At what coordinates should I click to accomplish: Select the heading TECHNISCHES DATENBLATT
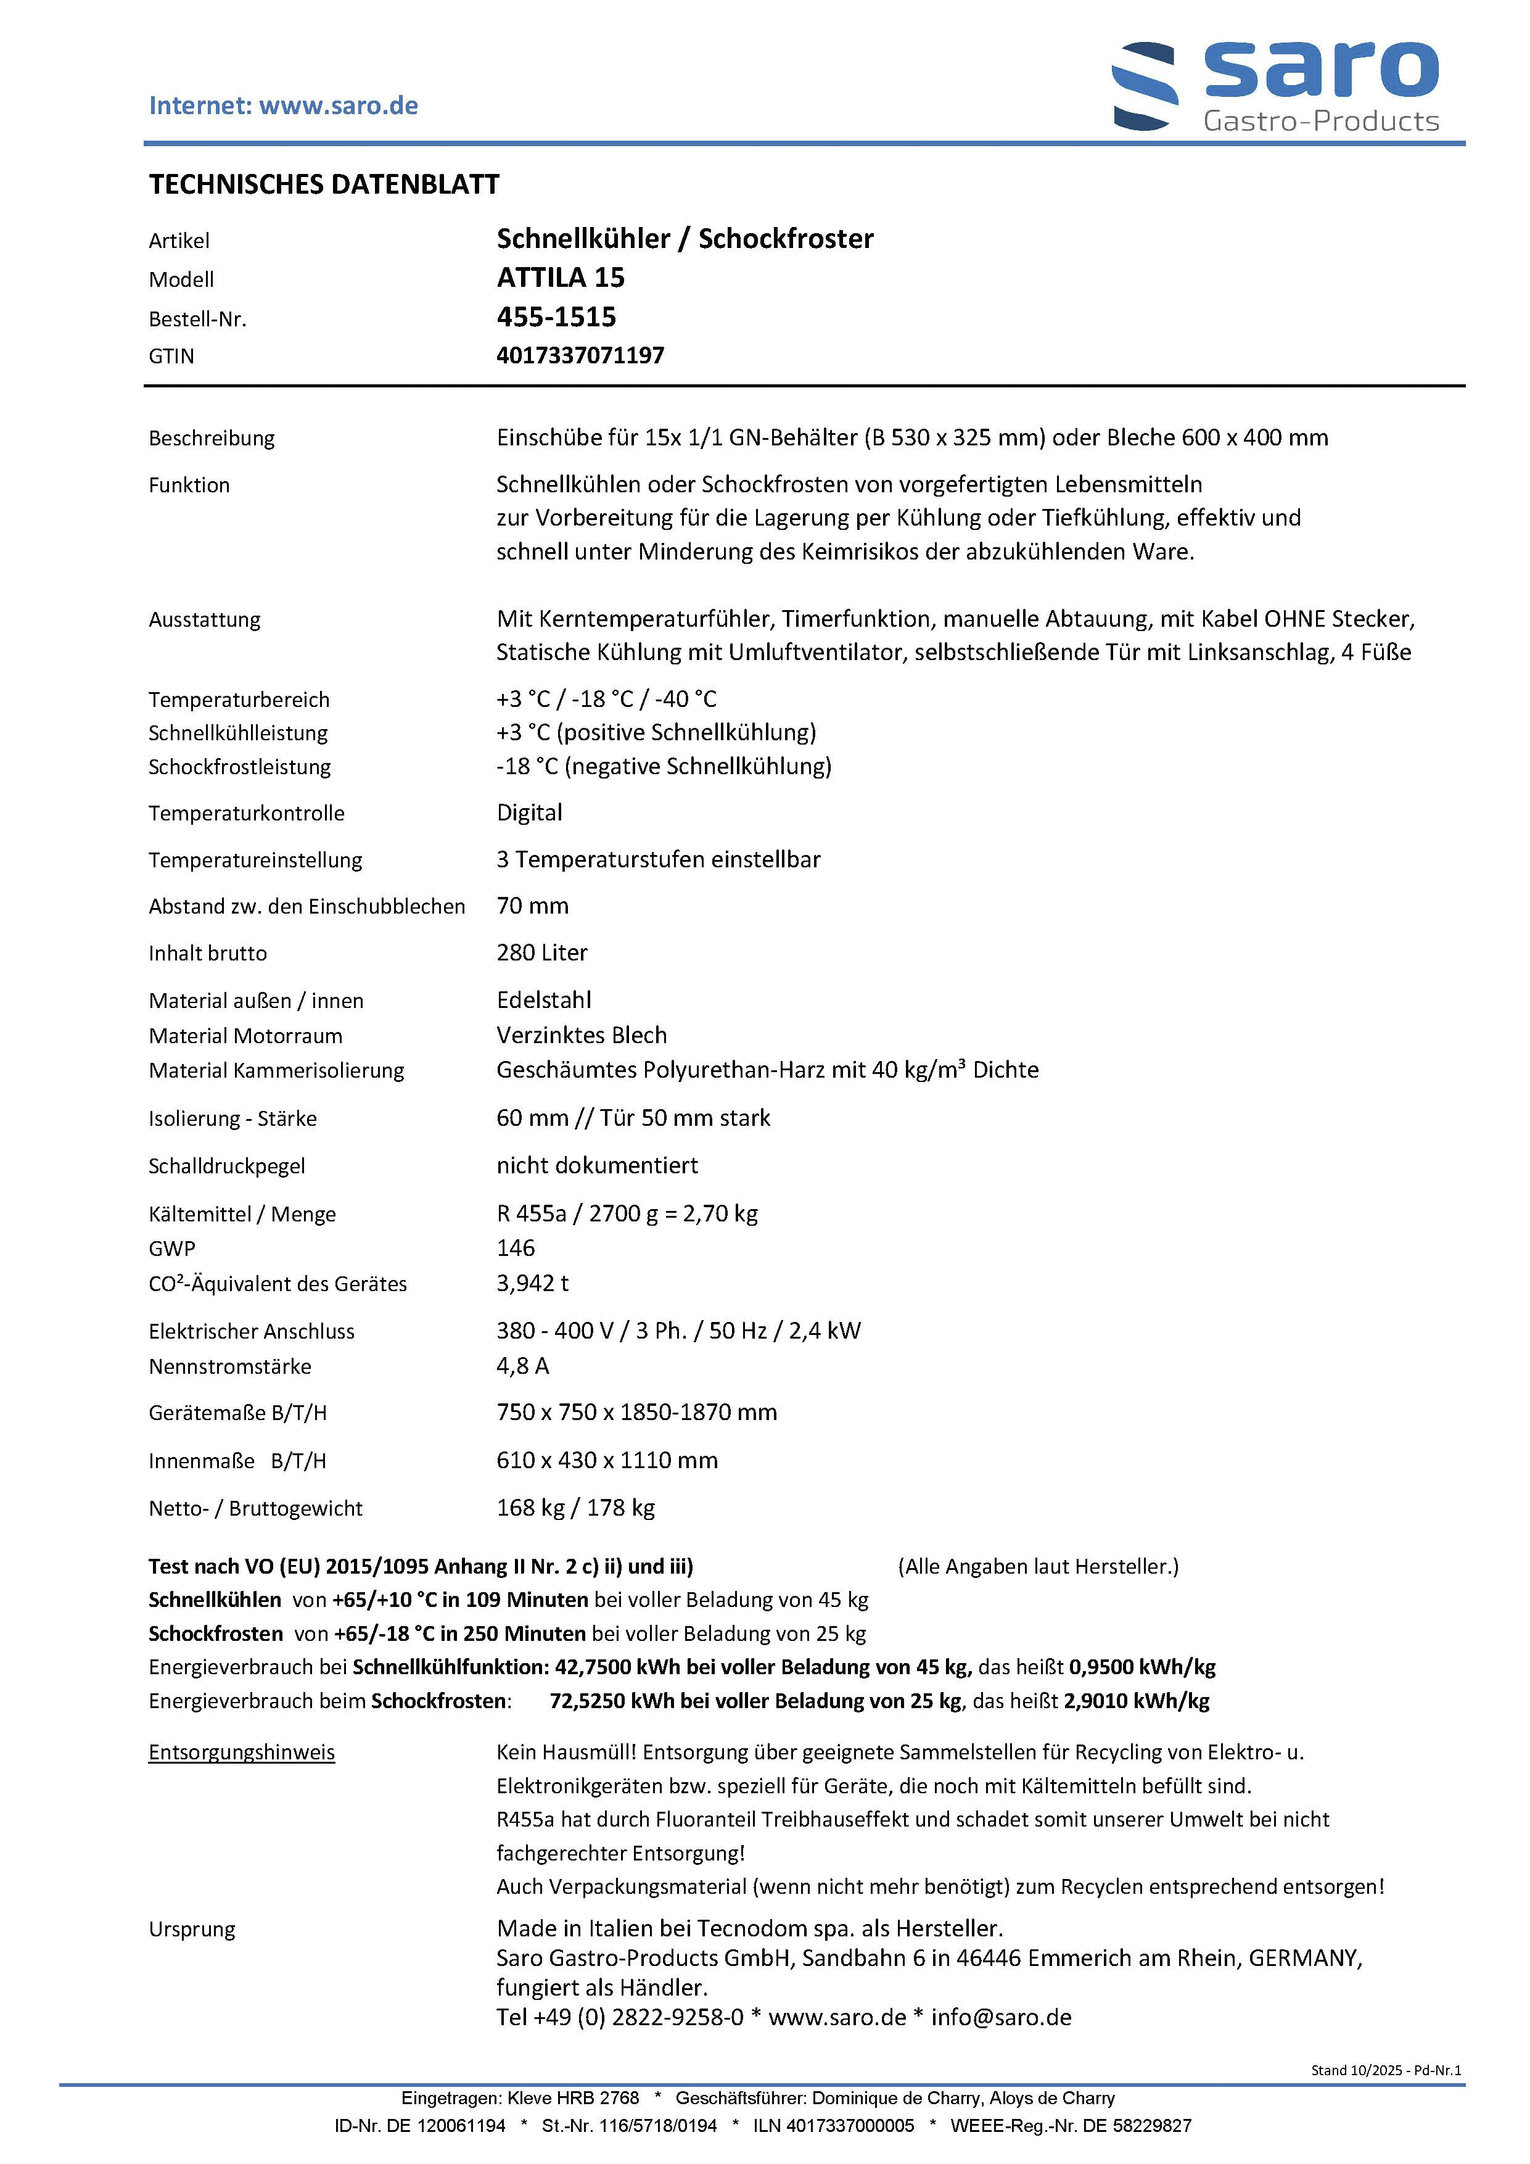click(324, 184)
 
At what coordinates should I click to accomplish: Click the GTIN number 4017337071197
click(580, 355)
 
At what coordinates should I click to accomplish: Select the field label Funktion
click(189, 485)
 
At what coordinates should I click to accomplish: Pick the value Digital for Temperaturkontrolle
click(530, 812)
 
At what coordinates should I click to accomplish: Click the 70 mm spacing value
click(532, 906)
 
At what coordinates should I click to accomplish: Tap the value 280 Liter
click(541, 953)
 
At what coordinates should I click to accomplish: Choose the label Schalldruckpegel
click(227, 1166)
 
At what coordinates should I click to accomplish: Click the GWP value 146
click(516, 1248)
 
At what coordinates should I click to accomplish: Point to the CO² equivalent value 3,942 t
click(532, 1282)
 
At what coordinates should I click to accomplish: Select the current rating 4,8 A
click(523, 1366)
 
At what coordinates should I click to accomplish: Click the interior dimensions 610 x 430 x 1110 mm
click(607, 1460)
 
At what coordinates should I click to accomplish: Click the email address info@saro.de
click(1001, 2017)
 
